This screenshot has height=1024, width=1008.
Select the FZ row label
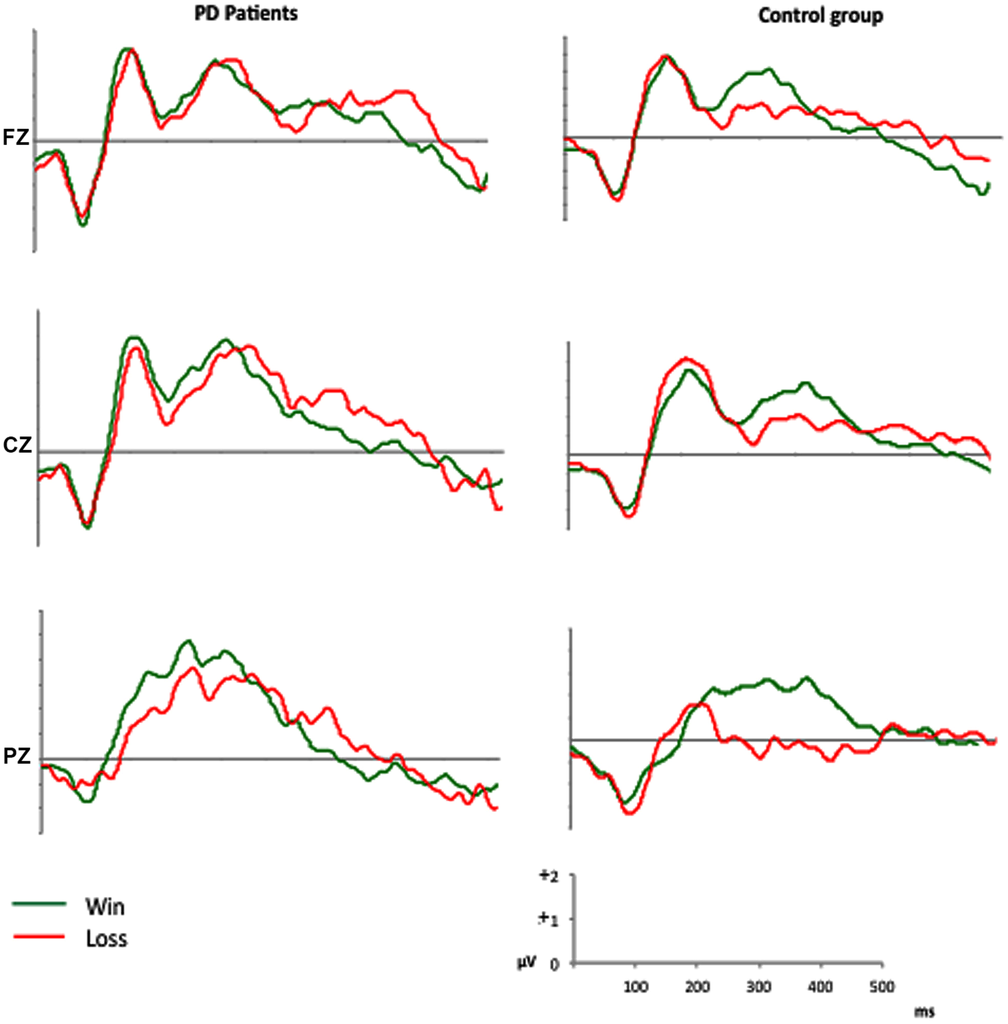click(x=16, y=138)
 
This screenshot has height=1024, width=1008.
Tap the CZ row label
click(x=17, y=445)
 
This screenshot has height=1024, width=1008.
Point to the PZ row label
click(x=17, y=757)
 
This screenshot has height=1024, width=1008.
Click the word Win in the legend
click(x=105, y=907)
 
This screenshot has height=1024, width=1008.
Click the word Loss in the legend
click(x=106, y=939)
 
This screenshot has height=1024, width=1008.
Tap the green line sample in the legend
click(x=39, y=903)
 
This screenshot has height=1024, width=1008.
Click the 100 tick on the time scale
click(x=635, y=988)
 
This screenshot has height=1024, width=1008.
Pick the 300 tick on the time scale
click(x=759, y=988)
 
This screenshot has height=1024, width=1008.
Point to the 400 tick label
click(x=820, y=988)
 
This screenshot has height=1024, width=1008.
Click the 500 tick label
click(x=882, y=988)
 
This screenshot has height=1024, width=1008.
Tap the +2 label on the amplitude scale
click(x=548, y=876)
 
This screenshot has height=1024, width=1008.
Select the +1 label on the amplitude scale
click(x=548, y=920)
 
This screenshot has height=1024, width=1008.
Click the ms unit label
click(x=924, y=1013)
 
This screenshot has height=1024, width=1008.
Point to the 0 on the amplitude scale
click(x=554, y=965)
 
